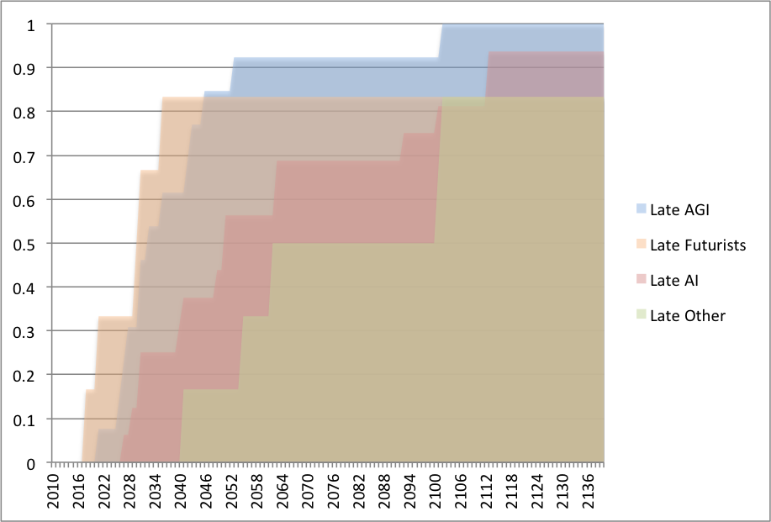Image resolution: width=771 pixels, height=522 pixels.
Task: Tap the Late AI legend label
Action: [674, 280]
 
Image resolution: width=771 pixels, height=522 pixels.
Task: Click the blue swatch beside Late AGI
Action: [642, 208]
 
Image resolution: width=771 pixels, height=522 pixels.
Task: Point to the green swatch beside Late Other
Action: [642, 315]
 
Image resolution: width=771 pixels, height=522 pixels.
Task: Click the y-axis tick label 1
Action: [31, 24]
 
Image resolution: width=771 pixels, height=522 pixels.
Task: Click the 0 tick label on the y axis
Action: [31, 463]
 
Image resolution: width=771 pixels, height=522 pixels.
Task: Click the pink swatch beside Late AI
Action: [642, 280]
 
